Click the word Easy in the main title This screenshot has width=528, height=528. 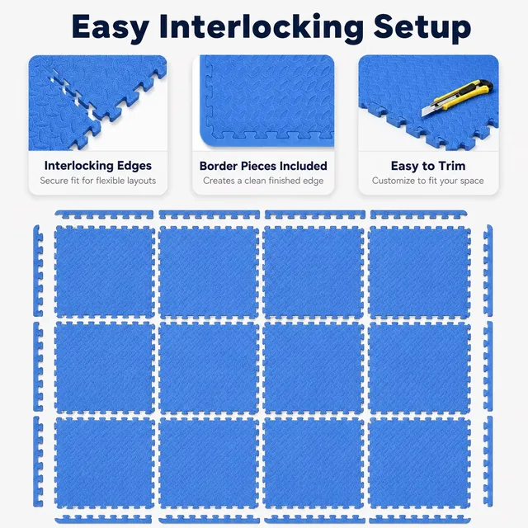tap(110, 27)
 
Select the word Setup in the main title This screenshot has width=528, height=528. tap(422, 27)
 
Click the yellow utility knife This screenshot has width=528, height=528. tap(457, 97)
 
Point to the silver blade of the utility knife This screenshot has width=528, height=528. tap(428, 111)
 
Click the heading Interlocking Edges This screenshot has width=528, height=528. tap(98, 166)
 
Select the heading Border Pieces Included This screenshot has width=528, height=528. tap(263, 166)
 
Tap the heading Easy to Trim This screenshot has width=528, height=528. tap(428, 166)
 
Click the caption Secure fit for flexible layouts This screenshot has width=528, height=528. tap(98, 181)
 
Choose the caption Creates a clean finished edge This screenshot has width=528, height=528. tap(263, 181)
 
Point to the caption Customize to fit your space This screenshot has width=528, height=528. tap(428, 181)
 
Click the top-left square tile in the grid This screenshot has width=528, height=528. tap(105, 271)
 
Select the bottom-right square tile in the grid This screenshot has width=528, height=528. tap(420, 464)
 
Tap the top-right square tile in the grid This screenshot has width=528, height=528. tap(420, 271)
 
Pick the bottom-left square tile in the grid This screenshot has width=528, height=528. tap(105, 464)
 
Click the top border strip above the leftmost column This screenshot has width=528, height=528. tap(104, 214)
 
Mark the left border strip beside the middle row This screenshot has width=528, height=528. tap(38, 366)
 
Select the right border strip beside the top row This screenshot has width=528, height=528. tap(488, 271)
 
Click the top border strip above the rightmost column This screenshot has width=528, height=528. tap(418, 214)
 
